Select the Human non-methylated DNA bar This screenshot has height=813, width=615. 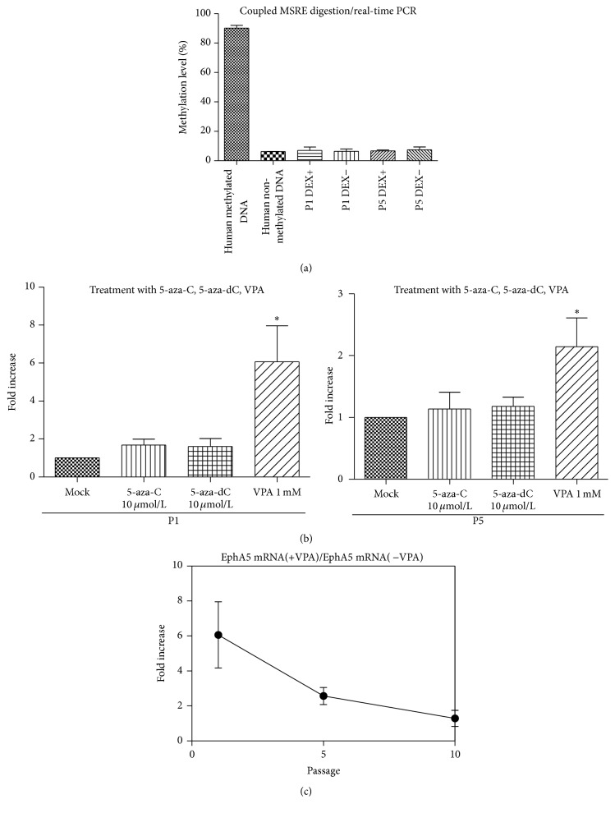273,156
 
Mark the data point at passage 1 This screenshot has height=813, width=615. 218,635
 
